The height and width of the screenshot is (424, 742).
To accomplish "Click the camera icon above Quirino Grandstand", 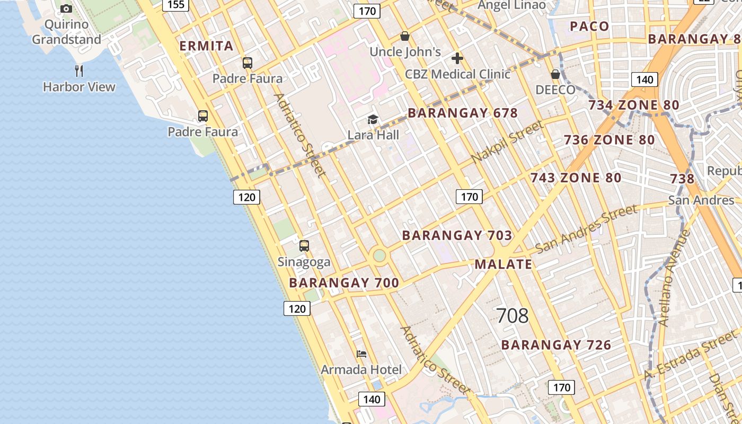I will (66, 8).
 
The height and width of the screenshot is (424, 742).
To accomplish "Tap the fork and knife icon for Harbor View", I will (79, 70).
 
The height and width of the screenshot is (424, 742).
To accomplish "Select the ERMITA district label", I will (207, 46).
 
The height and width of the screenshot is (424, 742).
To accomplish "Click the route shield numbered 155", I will (176, 5).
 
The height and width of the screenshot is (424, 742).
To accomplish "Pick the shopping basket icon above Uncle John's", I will (405, 36).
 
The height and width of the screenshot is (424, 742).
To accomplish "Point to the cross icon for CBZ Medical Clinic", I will (457, 58).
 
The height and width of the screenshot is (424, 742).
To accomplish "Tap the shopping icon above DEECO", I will (555, 74).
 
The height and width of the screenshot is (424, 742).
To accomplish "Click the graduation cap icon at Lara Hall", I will (373, 119).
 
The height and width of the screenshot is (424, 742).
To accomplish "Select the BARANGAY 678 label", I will (463, 113).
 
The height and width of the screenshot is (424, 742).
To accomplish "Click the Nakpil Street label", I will (507, 142).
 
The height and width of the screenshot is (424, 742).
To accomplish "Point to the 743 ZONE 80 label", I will (576, 178).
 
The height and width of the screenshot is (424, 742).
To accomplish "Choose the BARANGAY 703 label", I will (457, 235).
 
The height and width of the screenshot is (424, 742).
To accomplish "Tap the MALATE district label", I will (503, 264).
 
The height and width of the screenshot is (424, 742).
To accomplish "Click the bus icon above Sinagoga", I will (304, 246).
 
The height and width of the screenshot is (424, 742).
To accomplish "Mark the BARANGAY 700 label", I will (344, 283).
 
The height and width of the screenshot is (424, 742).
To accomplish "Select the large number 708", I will (513, 316).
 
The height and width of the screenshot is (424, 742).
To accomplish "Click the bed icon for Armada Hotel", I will (361, 354).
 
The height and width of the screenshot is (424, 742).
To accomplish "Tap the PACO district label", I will (589, 26).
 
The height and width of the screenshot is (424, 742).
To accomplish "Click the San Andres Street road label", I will (586, 229).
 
